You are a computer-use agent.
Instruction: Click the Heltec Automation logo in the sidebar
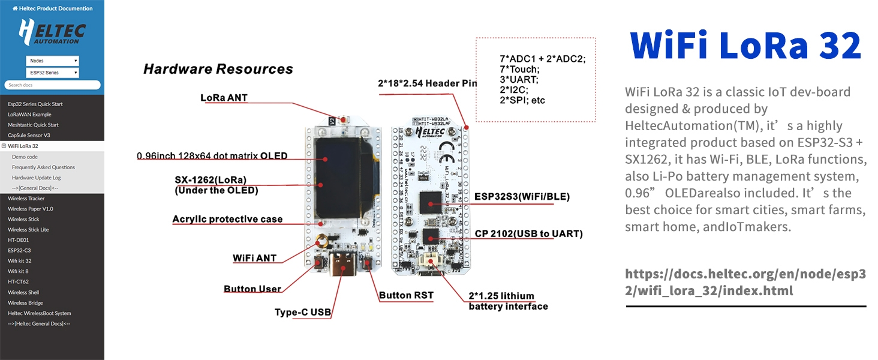click(x=52, y=33)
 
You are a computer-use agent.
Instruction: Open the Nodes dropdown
click(x=52, y=61)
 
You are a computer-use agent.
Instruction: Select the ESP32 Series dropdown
click(x=52, y=73)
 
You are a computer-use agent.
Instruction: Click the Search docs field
click(x=52, y=85)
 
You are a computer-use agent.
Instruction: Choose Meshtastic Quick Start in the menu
click(x=34, y=125)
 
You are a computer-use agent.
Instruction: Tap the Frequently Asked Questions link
click(x=43, y=167)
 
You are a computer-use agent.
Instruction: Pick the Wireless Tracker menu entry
click(x=26, y=199)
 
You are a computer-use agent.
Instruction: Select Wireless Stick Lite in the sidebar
click(x=29, y=230)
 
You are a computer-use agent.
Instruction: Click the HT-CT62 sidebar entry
click(x=19, y=281)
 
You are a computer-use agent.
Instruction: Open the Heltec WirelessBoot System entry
click(x=40, y=313)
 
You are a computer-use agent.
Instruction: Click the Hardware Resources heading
click(x=218, y=69)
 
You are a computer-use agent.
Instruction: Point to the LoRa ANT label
click(x=224, y=97)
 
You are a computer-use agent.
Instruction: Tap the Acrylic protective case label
click(x=227, y=219)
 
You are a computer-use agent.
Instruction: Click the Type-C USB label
click(x=303, y=313)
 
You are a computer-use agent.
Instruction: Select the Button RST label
click(x=406, y=295)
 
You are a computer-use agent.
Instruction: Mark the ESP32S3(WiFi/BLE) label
click(x=522, y=197)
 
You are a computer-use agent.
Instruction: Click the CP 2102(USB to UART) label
click(x=528, y=234)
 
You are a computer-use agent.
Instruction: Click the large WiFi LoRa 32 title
click(x=745, y=45)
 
